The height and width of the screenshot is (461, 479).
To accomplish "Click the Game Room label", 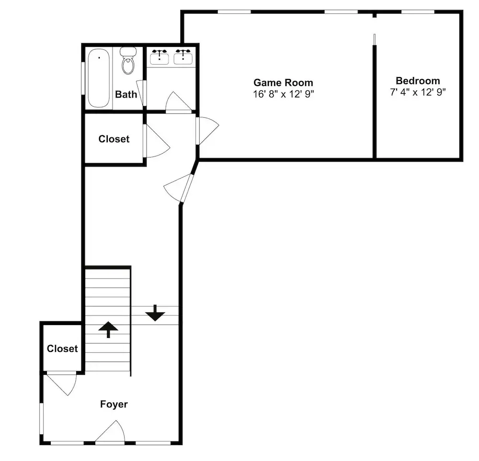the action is [x=283, y=82].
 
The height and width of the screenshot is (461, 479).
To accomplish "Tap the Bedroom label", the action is [x=418, y=80].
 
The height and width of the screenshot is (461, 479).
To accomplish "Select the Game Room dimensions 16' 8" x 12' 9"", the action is [x=283, y=94].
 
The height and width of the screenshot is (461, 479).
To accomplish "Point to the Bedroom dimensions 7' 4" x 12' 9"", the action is [x=418, y=92].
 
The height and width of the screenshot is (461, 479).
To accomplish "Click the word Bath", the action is [x=126, y=94].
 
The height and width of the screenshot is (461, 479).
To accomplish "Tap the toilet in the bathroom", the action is [x=128, y=61].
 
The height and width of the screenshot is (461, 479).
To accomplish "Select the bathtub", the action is [x=99, y=78].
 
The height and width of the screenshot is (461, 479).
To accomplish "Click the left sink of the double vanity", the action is [x=160, y=57].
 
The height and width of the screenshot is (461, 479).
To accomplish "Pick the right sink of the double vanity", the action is [x=183, y=57].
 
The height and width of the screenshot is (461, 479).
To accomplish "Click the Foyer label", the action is [x=114, y=404].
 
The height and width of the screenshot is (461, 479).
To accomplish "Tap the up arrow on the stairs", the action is [x=108, y=330].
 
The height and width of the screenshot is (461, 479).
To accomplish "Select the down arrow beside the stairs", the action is [x=155, y=313].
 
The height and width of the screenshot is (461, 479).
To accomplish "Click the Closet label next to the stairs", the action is [x=62, y=349].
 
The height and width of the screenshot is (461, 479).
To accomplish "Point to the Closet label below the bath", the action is [x=114, y=139].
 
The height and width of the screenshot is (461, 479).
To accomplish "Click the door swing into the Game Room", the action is [x=208, y=131].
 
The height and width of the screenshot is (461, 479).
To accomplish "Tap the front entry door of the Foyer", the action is [x=110, y=431].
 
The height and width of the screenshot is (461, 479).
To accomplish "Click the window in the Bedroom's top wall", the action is [x=418, y=12].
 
